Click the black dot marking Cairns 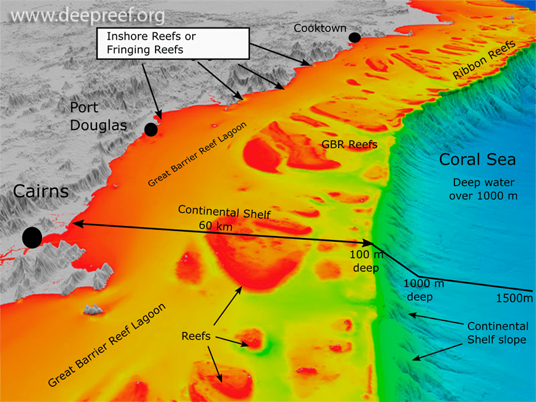[32, 237]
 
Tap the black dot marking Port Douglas [151, 130]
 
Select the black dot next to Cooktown [355, 38]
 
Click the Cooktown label [320, 28]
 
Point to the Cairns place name [40, 192]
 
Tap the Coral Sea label [477, 160]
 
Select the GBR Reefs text [349, 145]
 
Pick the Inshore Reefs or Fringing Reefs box [172, 43]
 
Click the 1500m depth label [514, 298]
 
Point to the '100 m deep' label [366, 262]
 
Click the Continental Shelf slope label [498, 332]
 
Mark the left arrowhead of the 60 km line [71, 223]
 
